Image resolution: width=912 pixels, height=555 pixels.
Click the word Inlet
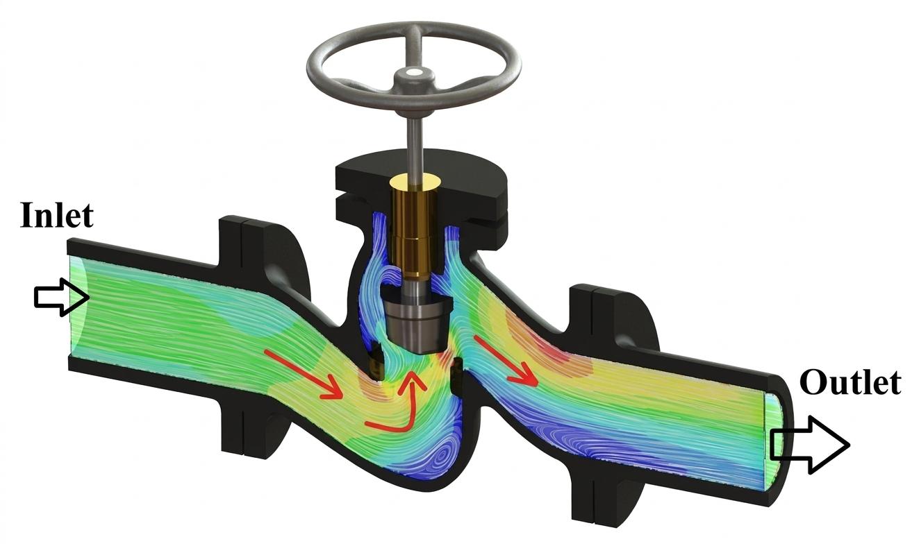coord(56,214)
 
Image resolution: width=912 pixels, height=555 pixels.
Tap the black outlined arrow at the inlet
coord(62,297)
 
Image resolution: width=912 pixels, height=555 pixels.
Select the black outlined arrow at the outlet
coord(810,445)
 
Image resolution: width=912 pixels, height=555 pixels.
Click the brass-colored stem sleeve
coord(415,228)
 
